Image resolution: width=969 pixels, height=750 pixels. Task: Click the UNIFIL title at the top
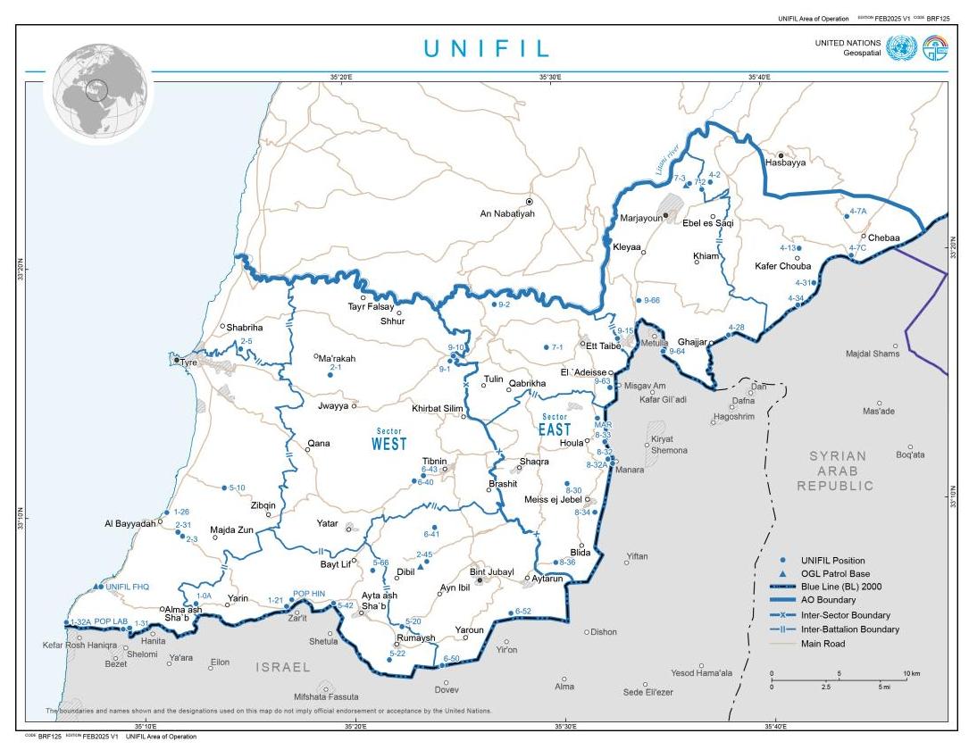[486, 48]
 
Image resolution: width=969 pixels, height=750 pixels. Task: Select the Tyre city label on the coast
[188, 362]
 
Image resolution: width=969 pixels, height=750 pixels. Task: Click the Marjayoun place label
[641, 218]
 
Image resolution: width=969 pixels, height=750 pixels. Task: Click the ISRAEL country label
[283, 667]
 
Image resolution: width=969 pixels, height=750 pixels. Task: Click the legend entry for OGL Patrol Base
[835, 573]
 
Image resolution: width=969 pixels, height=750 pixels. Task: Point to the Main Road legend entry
[823, 643]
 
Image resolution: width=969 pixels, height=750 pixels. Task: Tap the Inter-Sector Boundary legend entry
[845, 615]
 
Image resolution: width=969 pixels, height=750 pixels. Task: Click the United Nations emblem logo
[901, 48]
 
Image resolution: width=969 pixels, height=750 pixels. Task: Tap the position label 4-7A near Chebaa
[857, 211]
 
